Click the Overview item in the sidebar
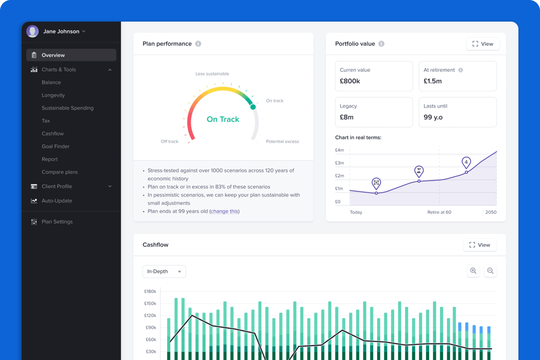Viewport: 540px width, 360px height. pos(53,55)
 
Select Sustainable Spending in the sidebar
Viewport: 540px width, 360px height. pos(67,108)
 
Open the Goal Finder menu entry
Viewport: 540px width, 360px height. pos(55,146)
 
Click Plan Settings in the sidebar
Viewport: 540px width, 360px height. pos(57,222)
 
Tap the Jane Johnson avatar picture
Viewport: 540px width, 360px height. pos(32,31)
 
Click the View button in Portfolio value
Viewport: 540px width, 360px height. pos(482,44)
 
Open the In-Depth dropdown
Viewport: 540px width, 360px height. pos(164,272)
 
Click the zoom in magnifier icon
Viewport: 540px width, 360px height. pos(473,271)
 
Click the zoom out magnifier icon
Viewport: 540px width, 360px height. pos(490,271)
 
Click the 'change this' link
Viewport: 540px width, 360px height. pos(225,211)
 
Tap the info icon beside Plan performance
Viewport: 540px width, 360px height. pos(198,44)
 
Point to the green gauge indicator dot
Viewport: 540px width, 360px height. pos(253,107)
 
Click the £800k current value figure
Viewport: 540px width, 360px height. pos(350,81)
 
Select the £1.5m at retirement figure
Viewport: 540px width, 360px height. pos(432,81)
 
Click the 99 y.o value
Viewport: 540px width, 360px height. pos(433,117)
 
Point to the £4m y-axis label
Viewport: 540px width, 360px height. pos(339,150)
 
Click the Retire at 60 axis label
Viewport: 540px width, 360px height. pos(439,212)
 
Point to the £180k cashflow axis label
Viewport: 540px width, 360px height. pos(150,292)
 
